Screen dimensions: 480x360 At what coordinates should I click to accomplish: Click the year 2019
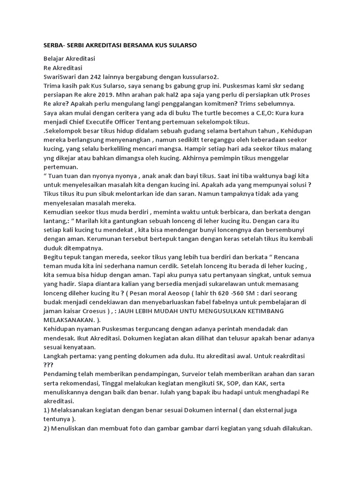109,95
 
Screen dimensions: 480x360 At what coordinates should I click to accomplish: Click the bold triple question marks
49,365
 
